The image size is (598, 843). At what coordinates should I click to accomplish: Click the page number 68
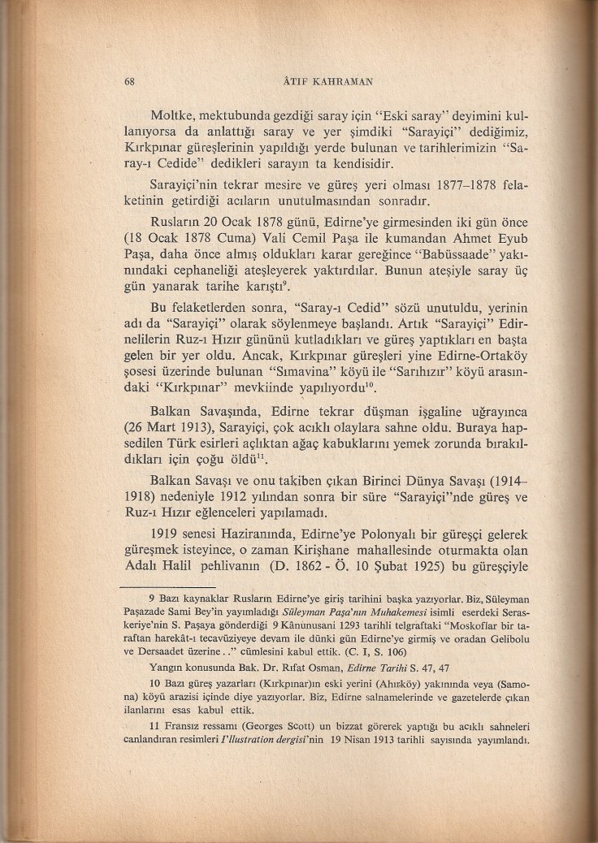click(128, 81)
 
